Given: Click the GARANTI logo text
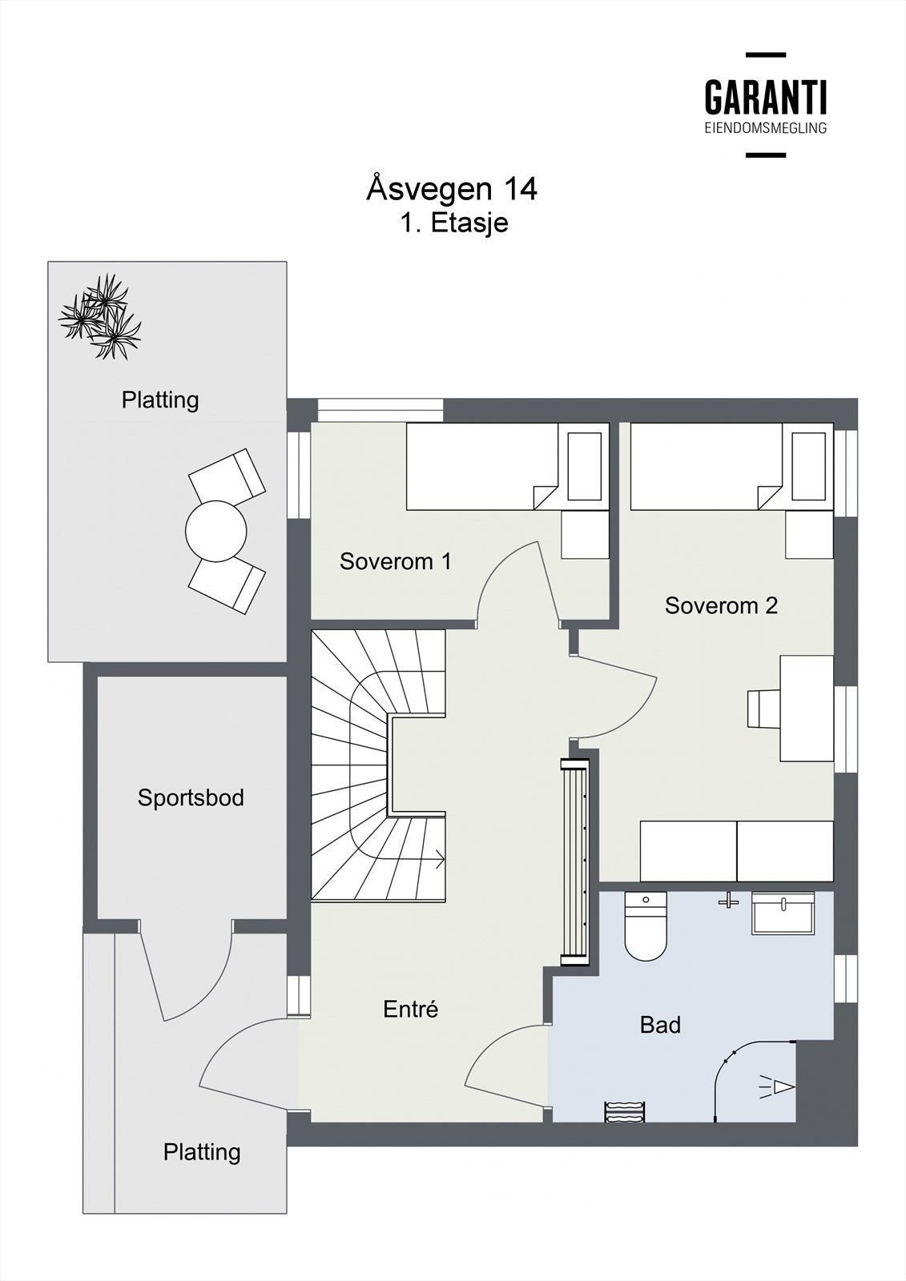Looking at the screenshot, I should [765, 98].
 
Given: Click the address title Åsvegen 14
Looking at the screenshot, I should [452, 189].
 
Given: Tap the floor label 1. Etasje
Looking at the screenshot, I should [454, 223].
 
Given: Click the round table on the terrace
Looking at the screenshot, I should [215, 531].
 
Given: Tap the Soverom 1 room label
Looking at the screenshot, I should [395, 561].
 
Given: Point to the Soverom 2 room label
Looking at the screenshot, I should [721, 605].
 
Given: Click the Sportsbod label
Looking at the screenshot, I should [191, 797].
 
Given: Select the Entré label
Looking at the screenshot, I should [410, 1009].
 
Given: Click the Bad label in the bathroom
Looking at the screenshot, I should [660, 1024].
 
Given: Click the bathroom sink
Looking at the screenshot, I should [783, 914].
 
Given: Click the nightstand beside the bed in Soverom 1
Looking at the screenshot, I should [583, 535].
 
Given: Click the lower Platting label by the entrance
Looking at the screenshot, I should [202, 1152].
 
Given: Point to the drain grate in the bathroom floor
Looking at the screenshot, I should [624, 1111].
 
